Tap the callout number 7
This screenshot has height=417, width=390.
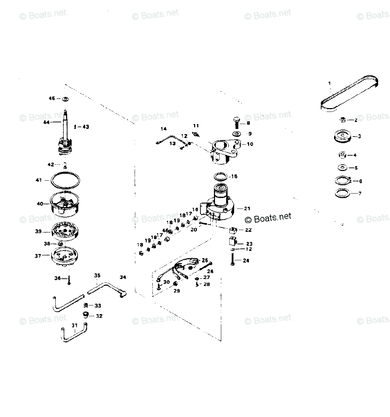(360, 194)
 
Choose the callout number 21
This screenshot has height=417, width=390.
(247, 208)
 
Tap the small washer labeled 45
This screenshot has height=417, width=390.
(65, 99)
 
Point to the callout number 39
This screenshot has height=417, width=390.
(38, 231)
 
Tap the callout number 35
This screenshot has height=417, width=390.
(97, 276)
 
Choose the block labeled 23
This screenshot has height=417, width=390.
(232, 241)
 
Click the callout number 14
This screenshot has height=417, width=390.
(164, 129)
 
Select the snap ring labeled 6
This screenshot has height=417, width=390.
(342, 181)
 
